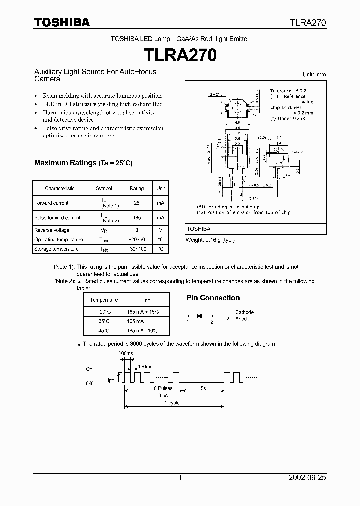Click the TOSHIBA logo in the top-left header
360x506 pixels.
[x=62, y=22]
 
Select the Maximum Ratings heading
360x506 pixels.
[x=83, y=163]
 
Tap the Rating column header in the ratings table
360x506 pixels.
[x=137, y=188]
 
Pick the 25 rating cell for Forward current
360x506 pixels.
[x=137, y=203]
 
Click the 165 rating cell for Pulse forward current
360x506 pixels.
[x=137, y=218]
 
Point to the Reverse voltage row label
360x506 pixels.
[x=52, y=230]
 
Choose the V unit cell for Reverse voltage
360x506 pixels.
[x=161, y=230]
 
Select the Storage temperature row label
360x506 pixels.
[x=56, y=249]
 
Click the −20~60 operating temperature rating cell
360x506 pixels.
[x=137, y=240]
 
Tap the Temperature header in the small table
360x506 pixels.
[x=104, y=300]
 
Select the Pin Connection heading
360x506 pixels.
[x=213, y=298]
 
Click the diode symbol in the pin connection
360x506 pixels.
[x=200, y=316]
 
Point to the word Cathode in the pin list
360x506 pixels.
[x=244, y=312]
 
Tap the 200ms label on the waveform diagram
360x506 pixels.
[x=126, y=354]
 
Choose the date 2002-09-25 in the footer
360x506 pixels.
[x=307, y=478]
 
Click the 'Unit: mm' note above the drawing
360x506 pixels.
[x=314, y=74]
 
